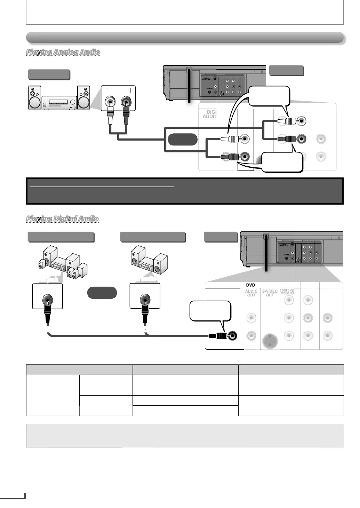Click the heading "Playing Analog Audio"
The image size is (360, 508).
[x=63, y=52]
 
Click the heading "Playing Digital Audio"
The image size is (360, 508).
[x=62, y=219]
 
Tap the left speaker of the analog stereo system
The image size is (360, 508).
[x=34, y=98]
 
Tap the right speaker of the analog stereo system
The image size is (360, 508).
[x=83, y=98]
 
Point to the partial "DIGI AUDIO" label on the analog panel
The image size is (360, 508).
[x=210, y=114]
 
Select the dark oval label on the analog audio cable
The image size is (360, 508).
[x=183, y=139]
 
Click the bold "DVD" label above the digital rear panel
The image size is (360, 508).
[x=250, y=285]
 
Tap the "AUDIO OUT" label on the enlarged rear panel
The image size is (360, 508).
[x=251, y=293]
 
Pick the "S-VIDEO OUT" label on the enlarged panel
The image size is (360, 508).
[x=270, y=293]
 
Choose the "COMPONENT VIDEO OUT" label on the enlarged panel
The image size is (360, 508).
[x=287, y=292]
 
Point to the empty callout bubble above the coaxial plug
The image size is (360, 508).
[x=210, y=310]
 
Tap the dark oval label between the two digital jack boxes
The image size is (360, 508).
[x=102, y=293]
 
